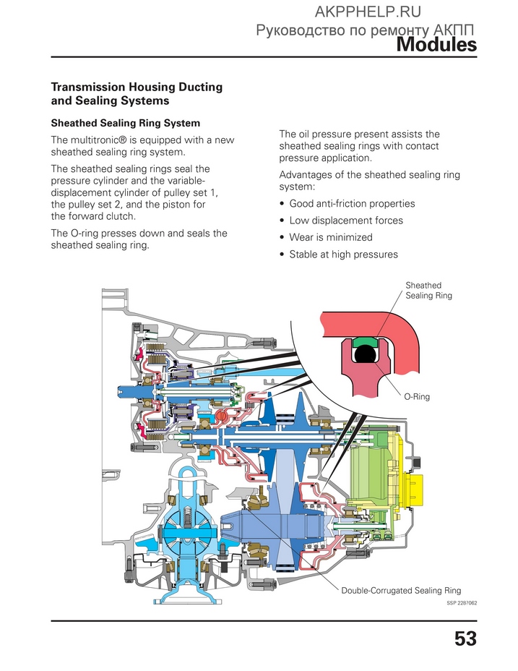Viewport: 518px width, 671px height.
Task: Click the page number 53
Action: [465, 638]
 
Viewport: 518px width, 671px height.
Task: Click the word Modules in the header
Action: [436, 45]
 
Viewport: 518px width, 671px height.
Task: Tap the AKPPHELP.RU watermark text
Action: [368, 12]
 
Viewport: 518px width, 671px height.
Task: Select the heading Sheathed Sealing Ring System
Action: [125, 123]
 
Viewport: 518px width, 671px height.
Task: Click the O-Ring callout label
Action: [417, 397]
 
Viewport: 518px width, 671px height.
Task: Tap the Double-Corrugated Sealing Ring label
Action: [401, 591]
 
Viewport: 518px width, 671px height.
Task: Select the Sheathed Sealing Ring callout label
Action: [428, 291]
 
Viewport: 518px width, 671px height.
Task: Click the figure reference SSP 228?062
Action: [462, 603]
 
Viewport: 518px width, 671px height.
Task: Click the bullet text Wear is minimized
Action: [331, 237]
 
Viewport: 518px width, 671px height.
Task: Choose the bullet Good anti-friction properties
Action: [352, 204]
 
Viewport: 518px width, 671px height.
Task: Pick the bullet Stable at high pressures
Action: [343, 255]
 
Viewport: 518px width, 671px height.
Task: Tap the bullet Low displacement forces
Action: [346, 221]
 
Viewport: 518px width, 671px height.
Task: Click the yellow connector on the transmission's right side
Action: [414, 488]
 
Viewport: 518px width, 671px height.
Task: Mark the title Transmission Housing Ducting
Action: [137, 87]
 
